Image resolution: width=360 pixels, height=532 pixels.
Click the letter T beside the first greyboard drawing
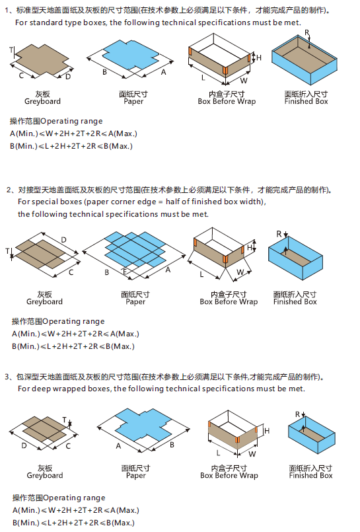pyautogui.click(x=11, y=50)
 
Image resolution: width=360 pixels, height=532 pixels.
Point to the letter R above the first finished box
pyautogui.click(x=307, y=32)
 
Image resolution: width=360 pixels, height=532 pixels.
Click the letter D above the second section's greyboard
pyautogui.click(x=63, y=239)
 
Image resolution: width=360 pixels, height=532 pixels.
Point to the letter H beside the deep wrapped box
pyautogui.click(x=267, y=431)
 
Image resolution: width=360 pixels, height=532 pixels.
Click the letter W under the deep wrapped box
pyautogui.click(x=251, y=455)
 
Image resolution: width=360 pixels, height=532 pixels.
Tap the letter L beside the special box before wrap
pyautogui.click(x=201, y=273)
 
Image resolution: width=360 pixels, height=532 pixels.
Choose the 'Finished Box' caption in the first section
pyautogui.click(x=306, y=102)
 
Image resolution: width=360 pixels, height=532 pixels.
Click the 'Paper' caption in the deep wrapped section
pyautogui.click(x=135, y=476)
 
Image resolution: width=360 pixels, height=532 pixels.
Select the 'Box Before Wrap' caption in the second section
pyautogui.click(x=229, y=302)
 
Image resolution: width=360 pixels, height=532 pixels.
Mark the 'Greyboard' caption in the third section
pyautogui.click(x=45, y=476)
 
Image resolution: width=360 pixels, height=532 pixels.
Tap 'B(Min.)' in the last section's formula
pyautogui.click(x=25, y=523)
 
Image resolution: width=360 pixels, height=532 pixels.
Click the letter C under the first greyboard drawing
pyautogui.click(x=22, y=76)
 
